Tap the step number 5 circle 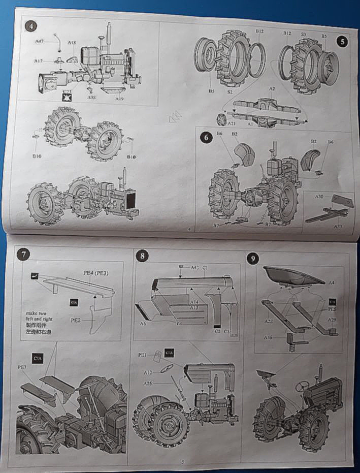[343, 42]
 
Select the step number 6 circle [205, 137]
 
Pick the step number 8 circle [142, 256]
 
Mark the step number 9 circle [253, 259]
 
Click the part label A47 [39, 41]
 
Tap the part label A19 [119, 99]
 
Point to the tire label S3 [303, 35]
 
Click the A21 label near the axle [232, 123]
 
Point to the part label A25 [148, 383]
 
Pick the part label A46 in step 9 [269, 336]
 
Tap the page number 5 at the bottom [182, 461]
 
